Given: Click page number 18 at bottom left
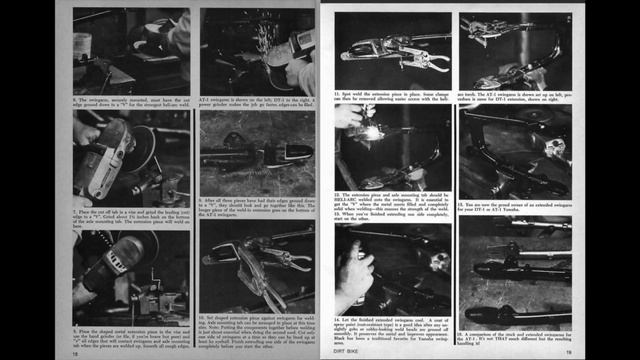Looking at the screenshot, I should click(x=76, y=351).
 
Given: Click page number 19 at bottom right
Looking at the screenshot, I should click(x=567, y=351).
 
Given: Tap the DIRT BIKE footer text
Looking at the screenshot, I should click(x=344, y=351).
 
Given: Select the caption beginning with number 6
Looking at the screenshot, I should click(x=131, y=102).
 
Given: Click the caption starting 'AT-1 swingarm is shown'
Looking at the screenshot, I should click(x=257, y=102).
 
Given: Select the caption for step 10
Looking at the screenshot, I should click(x=257, y=329).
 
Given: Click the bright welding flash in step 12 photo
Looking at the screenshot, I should click(x=372, y=132).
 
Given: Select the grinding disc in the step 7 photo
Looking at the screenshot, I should click(x=112, y=160).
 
